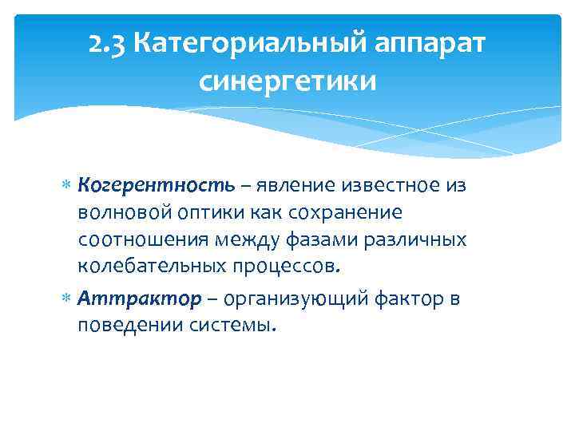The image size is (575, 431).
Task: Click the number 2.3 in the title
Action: [x=108, y=43]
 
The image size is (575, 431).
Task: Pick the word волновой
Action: [x=122, y=213]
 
